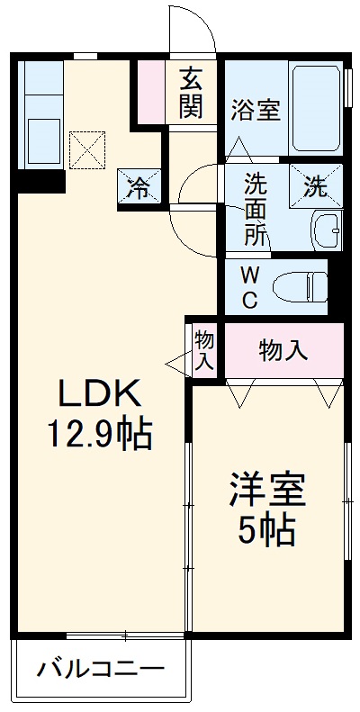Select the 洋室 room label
(x=267, y=490)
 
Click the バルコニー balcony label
(x=100, y=670)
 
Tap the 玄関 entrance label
(x=191, y=94)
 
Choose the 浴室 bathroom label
(x=256, y=111)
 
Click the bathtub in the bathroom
(x=316, y=108)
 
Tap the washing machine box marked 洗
(x=316, y=188)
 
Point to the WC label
(x=248, y=285)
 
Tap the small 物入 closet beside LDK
(x=204, y=350)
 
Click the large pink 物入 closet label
(x=283, y=350)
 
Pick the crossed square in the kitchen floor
(x=87, y=149)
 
